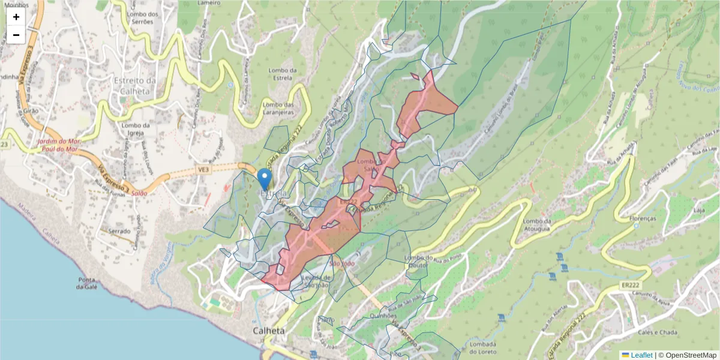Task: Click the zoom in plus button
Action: [x=16, y=17]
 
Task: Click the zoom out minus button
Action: [x=16, y=35]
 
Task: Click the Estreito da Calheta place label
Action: [x=135, y=85]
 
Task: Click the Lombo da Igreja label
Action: [x=134, y=129]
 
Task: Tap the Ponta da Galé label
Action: [x=87, y=283]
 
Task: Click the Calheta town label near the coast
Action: [x=268, y=331]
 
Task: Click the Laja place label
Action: [x=698, y=211]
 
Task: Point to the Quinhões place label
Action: [x=383, y=316]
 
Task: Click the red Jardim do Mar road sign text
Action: [x=59, y=145]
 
